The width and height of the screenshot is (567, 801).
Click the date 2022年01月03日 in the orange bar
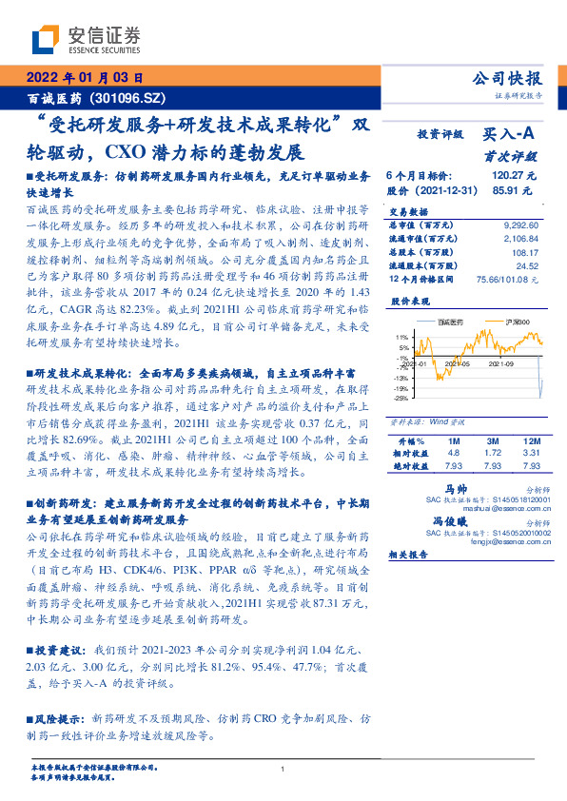point(84,79)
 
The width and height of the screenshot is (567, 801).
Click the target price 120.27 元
point(515,177)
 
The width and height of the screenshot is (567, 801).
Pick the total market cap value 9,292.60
point(518,225)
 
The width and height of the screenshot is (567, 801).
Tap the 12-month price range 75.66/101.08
point(508,280)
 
